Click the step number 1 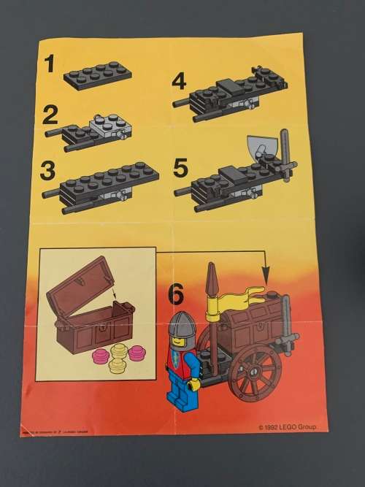tap(50, 65)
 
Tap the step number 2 tap(50, 116)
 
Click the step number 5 tap(181, 166)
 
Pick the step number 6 tap(176, 294)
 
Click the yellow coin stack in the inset tap(118, 358)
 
